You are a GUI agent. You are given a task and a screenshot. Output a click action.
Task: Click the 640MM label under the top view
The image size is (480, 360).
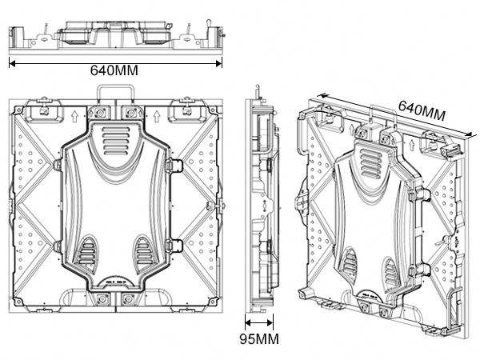[114, 70]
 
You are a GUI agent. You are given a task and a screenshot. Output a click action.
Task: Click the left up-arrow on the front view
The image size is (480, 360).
[73, 117]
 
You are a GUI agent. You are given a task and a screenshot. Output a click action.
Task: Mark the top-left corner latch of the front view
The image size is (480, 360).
[42, 105]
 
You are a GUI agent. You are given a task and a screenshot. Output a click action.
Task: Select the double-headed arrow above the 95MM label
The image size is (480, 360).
[258, 323]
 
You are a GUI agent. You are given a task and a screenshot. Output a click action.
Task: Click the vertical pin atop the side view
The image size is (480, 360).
[258, 90]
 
